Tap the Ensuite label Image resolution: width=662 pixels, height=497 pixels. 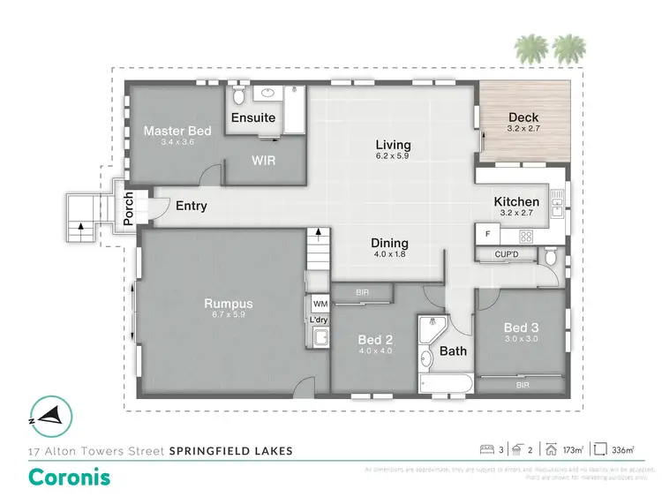[x=253, y=117]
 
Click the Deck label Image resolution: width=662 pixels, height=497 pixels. [x=524, y=117]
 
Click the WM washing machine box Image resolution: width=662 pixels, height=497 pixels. [x=319, y=304]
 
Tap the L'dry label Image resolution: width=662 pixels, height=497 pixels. [x=319, y=320]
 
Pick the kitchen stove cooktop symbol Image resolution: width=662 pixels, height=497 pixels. [x=527, y=236]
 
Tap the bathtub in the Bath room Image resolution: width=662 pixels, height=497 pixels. [x=447, y=383]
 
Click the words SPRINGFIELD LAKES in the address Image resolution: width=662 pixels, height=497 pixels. [x=231, y=450]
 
